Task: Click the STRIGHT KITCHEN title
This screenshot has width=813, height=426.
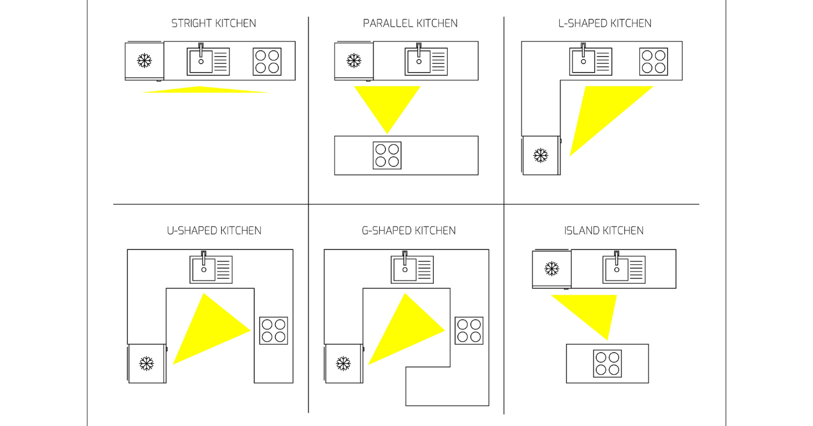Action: (214, 24)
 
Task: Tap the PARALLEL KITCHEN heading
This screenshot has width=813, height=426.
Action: (410, 24)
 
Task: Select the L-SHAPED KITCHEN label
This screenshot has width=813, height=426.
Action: (605, 24)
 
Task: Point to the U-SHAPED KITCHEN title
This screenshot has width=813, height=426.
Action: (214, 231)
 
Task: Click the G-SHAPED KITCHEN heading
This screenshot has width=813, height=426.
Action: (408, 231)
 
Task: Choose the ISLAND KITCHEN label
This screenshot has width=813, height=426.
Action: (604, 231)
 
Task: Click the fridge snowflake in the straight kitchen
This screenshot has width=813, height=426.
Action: (145, 60)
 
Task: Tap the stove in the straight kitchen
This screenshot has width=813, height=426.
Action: (267, 62)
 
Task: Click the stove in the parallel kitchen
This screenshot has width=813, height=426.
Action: (387, 155)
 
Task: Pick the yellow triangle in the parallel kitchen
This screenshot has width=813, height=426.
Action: (387, 105)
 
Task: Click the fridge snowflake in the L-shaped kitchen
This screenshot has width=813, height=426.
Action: (541, 155)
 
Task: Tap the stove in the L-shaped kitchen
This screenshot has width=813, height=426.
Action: (653, 62)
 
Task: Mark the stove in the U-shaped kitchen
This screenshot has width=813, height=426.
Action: (274, 331)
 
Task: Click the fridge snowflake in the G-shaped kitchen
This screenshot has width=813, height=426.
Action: (344, 364)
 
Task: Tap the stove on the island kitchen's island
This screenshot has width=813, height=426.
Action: (607, 363)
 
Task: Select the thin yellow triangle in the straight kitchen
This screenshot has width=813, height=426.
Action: (203, 90)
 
